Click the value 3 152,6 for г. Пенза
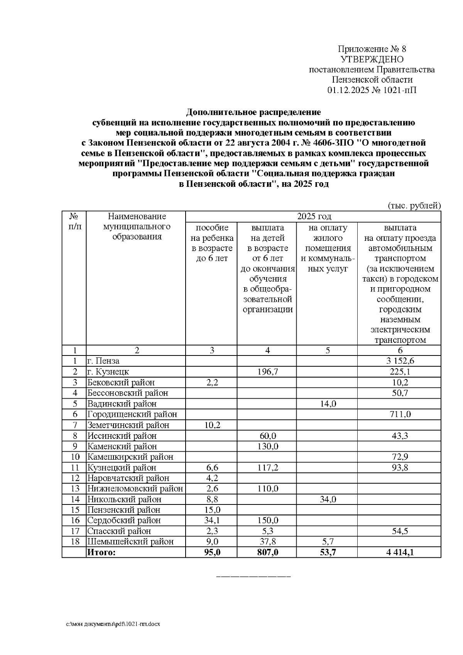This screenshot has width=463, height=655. click(x=400, y=361)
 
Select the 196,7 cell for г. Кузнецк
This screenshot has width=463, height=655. click(x=267, y=372)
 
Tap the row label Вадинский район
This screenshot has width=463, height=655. click(x=122, y=404)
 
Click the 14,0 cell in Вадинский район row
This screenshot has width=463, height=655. click(x=327, y=404)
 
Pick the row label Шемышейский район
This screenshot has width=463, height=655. click(x=130, y=542)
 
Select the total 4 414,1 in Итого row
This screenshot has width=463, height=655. click(x=400, y=552)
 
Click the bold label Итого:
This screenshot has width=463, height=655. click(x=101, y=552)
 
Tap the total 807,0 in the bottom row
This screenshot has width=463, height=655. click(x=267, y=552)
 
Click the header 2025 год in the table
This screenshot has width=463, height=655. click(x=314, y=216)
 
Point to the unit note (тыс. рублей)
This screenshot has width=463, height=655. click(x=414, y=205)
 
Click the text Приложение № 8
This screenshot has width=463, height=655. click(x=372, y=49)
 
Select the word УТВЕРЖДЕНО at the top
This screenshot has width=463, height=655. click(x=372, y=59)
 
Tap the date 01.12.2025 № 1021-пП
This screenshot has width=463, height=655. click(x=372, y=90)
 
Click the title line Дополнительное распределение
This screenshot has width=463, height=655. click(x=253, y=112)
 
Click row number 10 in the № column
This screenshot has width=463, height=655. click(x=75, y=457)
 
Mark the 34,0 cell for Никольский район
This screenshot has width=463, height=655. click(x=327, y=499)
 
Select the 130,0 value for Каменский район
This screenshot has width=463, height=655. click(x=267, y=446)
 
